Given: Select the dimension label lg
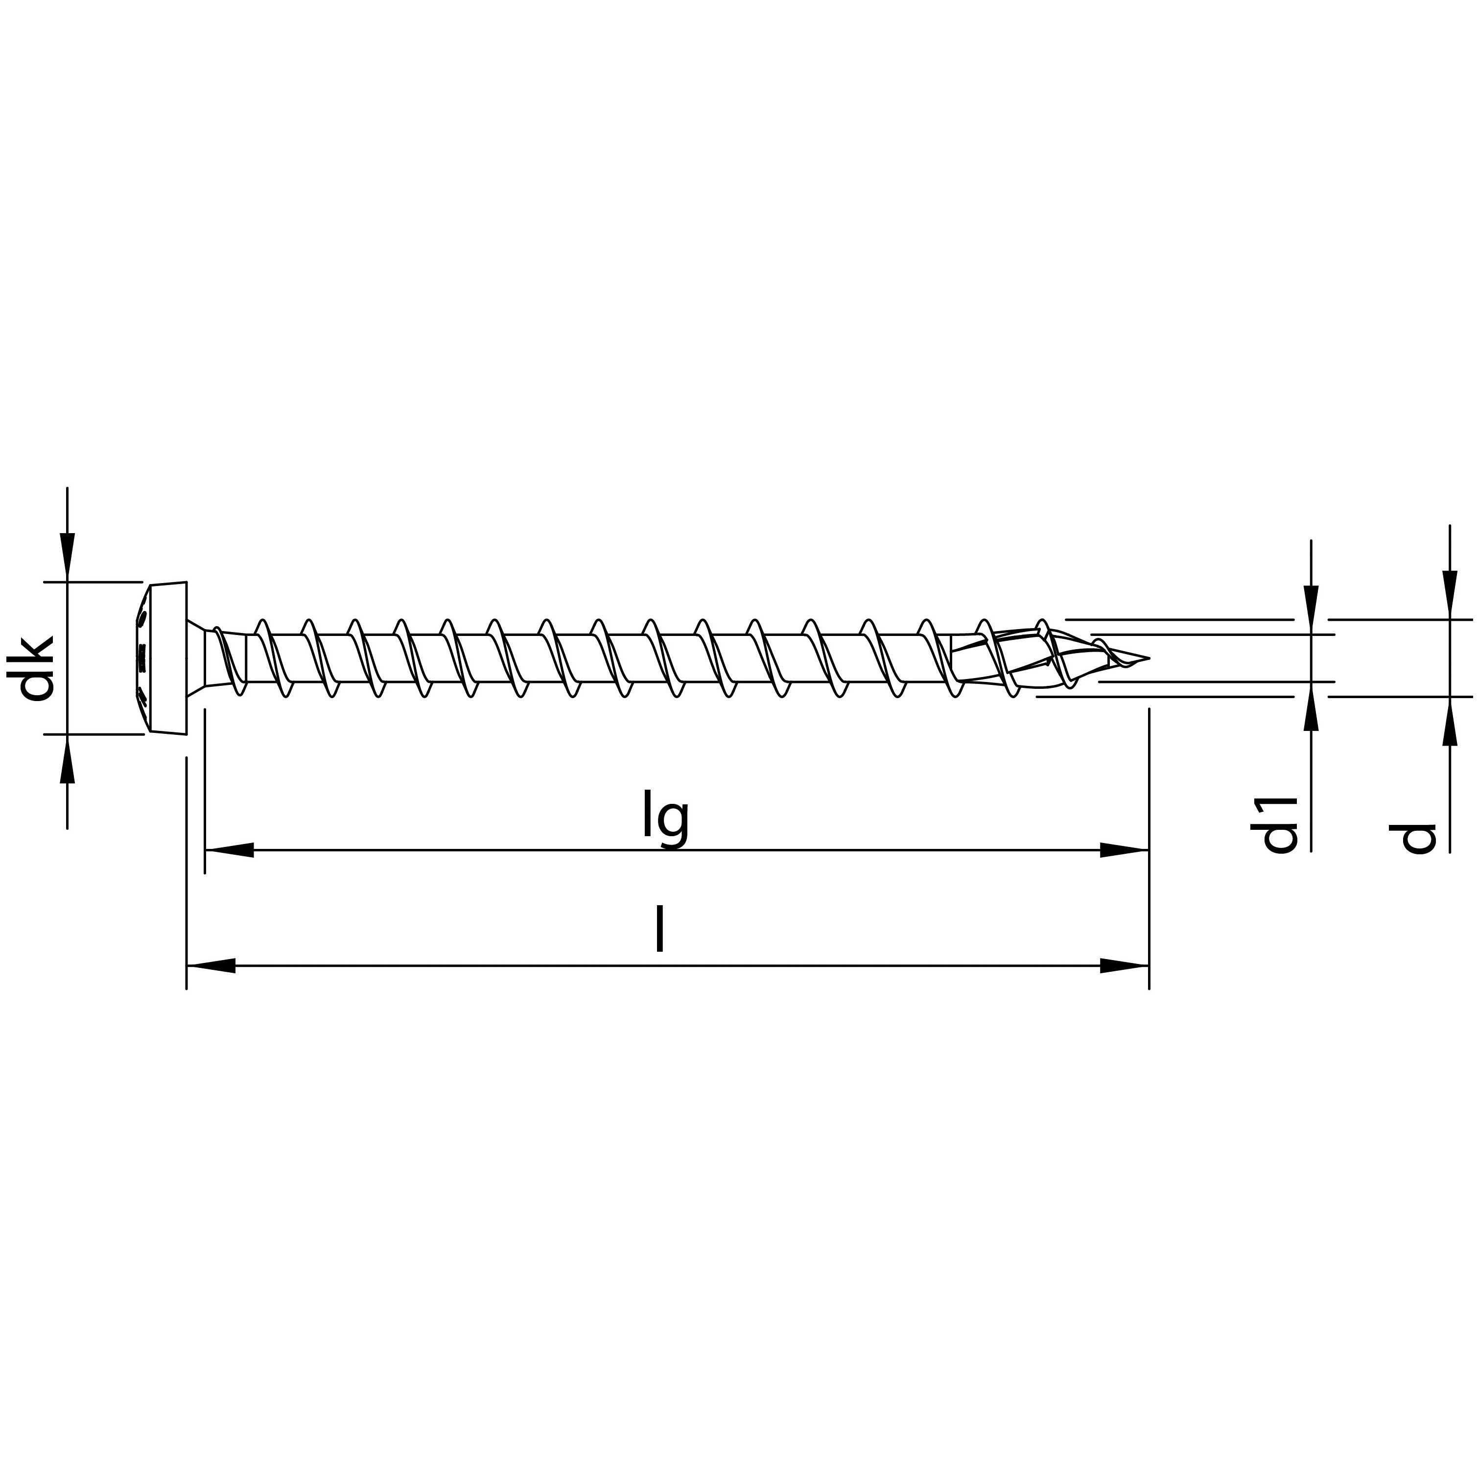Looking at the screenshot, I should [665, 821].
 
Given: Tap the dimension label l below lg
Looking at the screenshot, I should [659, 930].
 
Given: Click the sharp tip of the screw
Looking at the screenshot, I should [1147, 658].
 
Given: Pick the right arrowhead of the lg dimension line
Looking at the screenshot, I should [1125, 850].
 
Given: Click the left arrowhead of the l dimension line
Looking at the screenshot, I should [211, 966].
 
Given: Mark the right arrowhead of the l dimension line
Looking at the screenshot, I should [1125, 966].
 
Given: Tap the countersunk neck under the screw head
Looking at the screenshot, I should [197, 658].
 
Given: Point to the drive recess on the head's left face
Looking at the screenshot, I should [141, 658].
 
